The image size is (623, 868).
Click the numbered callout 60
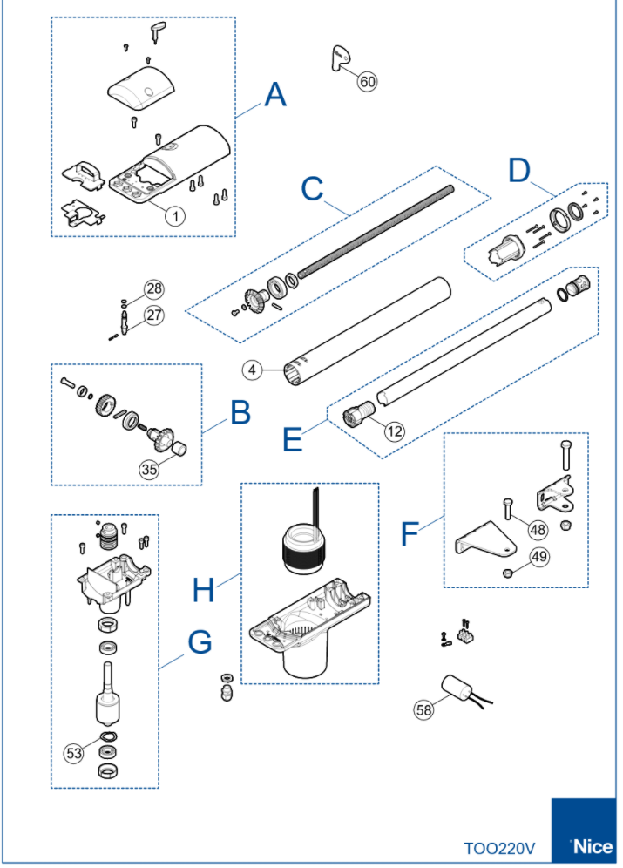click(x=368, y=81)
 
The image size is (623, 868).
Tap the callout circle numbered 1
click(x=175, y=214)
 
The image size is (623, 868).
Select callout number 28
click(x=154, y=289)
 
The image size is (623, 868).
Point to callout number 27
click(x=154, y=315)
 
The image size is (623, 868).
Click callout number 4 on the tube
click(x=252, y=370)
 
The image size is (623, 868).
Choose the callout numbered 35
click(x=150, y=468)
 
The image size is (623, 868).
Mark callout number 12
click(x=395, y=430)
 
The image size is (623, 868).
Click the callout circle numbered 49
click(x=538, y=559)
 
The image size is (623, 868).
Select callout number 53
click(x=75, y=751)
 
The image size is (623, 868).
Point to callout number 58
click(x=423, y=710)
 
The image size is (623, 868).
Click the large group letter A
click(x=274, y=94)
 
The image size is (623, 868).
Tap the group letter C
click(x=312, y=187)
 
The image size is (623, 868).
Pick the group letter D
click(x=519, y=170)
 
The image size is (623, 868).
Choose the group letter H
click(x=203, y=591)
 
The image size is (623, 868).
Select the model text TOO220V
click(x=499, y=846)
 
